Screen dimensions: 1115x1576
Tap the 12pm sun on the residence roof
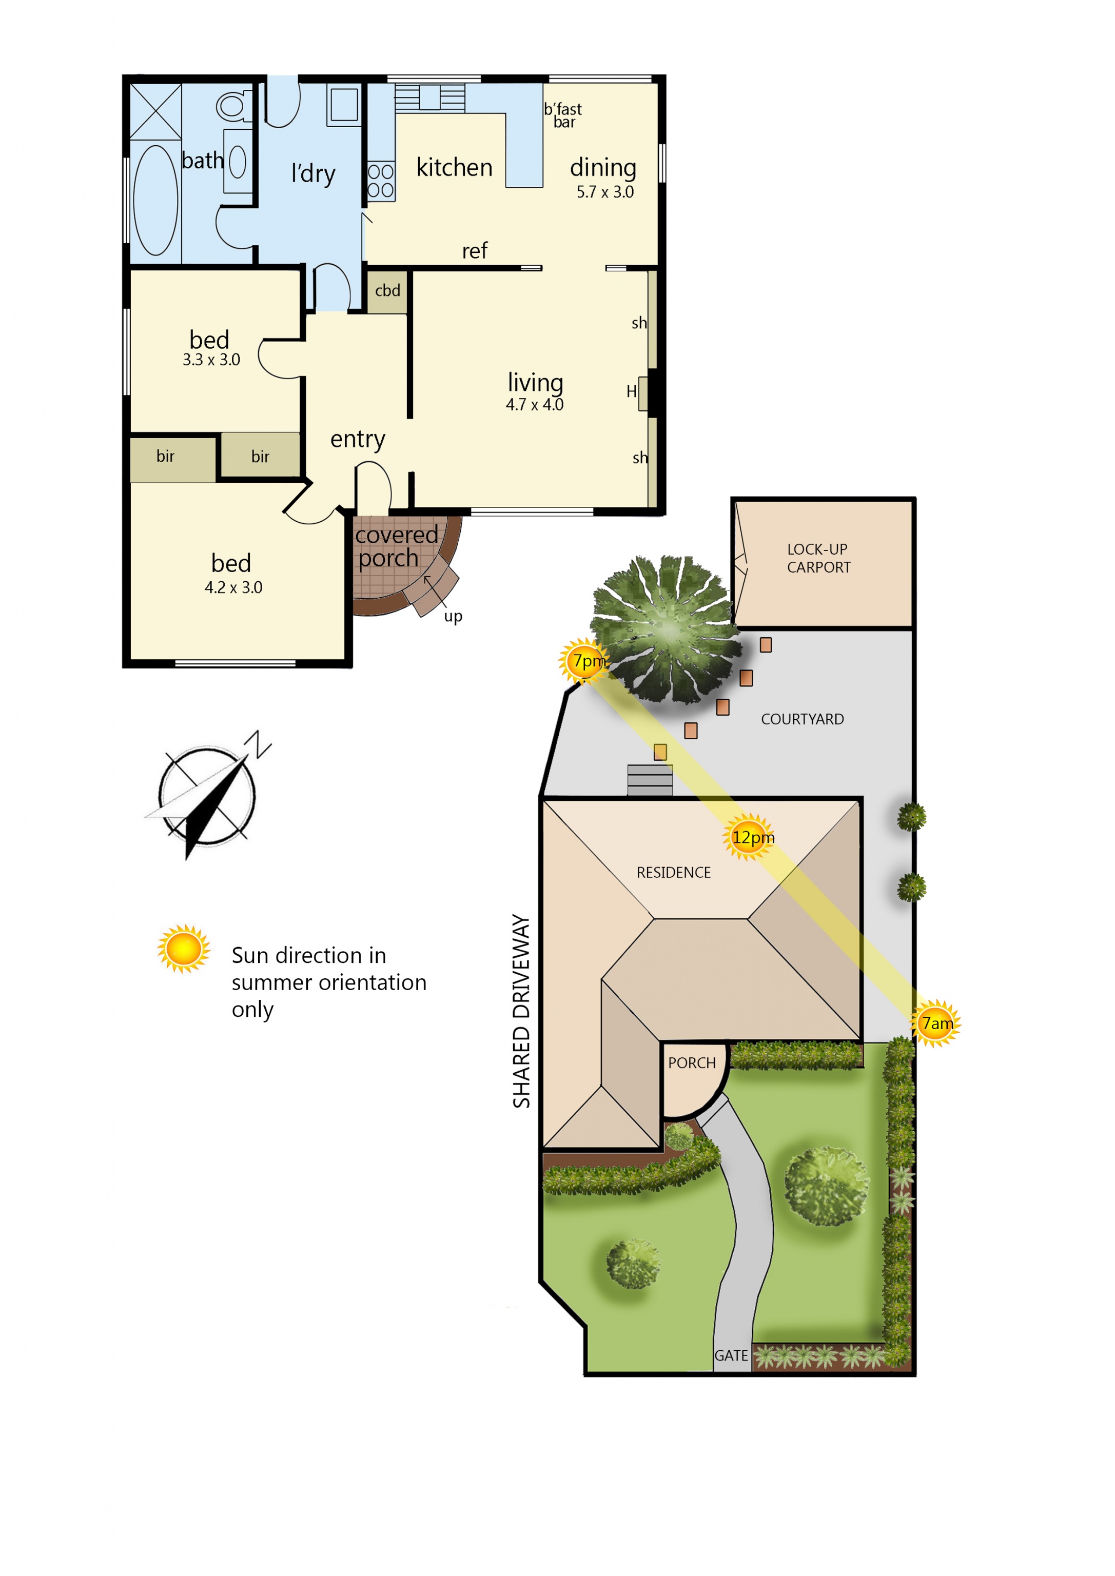(749, 837)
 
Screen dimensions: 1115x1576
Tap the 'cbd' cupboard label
(387, 290)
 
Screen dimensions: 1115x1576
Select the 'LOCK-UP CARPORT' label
(818, 558)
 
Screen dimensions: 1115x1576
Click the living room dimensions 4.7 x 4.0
(534, 404)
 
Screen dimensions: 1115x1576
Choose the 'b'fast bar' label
(563, 115)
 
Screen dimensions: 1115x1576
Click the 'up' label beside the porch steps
(453, 617)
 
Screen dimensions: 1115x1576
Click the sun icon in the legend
(183, 949)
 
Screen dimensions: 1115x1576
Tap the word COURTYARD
(802, 719)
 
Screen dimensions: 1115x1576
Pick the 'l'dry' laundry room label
(313, 174)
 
